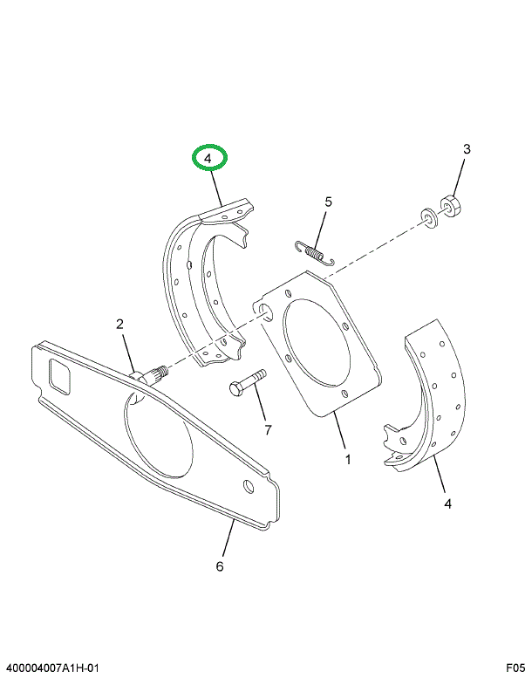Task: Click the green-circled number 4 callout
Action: coord(209,158)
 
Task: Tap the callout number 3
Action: coord(467,149)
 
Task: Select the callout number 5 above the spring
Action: coord(328,202)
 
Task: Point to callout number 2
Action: coord(120,325)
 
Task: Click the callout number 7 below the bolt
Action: coord(268,429)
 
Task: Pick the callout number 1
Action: coord(347,460)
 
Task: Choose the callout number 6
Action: coord(220,566)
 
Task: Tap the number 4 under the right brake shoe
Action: coord(447,503)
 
